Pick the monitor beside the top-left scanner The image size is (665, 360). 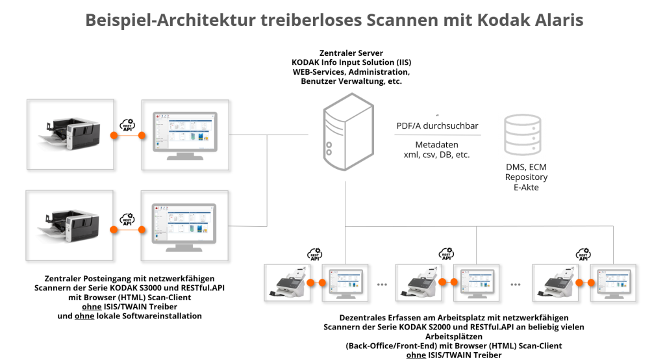coord(185,134)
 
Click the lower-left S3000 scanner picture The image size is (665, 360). coord(64,225)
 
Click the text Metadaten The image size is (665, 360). coord(437,144)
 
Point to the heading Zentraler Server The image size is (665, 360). coord(351,53)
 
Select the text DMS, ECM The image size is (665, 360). coord(525,167)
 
